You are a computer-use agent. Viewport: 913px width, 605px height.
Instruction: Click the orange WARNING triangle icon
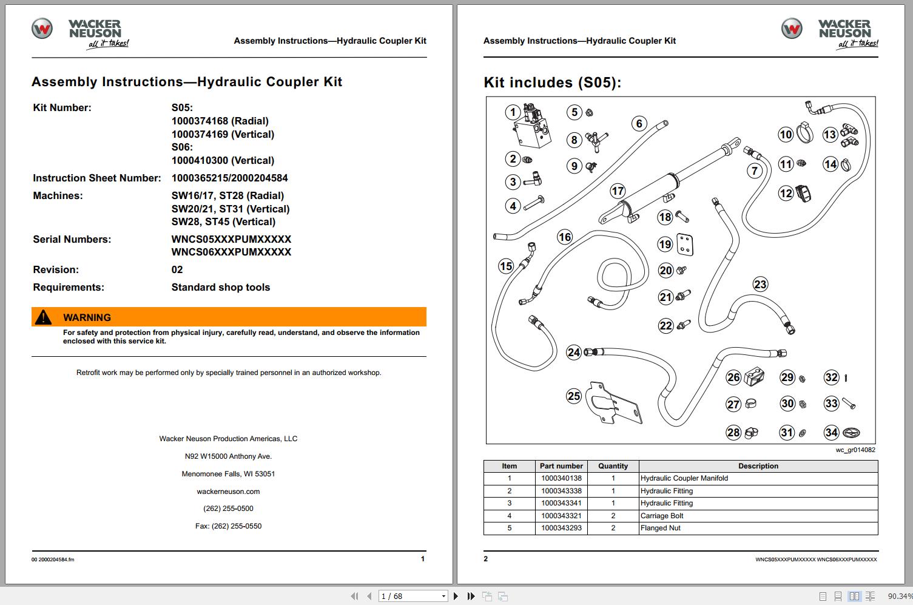(x=43, y=317)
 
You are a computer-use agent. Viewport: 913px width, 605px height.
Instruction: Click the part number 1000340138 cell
(x=561, y=478)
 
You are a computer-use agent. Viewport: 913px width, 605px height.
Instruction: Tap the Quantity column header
(x=613, y=466)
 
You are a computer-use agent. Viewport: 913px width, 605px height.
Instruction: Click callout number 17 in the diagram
(x=618, y=191)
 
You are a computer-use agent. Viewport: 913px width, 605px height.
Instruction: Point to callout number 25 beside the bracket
(x=574, y=396)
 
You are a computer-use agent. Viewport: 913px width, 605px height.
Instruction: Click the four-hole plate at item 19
(x=686, y=245)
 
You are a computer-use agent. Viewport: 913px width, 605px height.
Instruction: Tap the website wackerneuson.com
(x=228, y=492)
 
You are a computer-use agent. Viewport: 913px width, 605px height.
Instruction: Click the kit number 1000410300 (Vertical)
(x=223, y=160)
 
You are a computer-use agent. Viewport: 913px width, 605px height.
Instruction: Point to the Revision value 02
(x=177, y=269)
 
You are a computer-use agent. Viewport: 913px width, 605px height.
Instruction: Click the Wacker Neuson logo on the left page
(x=79, y=33)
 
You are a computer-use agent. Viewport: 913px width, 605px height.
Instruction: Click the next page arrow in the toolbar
(x=456, y=597)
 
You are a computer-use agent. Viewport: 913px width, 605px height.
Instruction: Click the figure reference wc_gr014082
(x=855, y=450)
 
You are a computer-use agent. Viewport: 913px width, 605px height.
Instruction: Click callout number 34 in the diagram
(x=831, y=433)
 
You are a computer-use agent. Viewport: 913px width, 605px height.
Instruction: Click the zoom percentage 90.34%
(x=900, y=597)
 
